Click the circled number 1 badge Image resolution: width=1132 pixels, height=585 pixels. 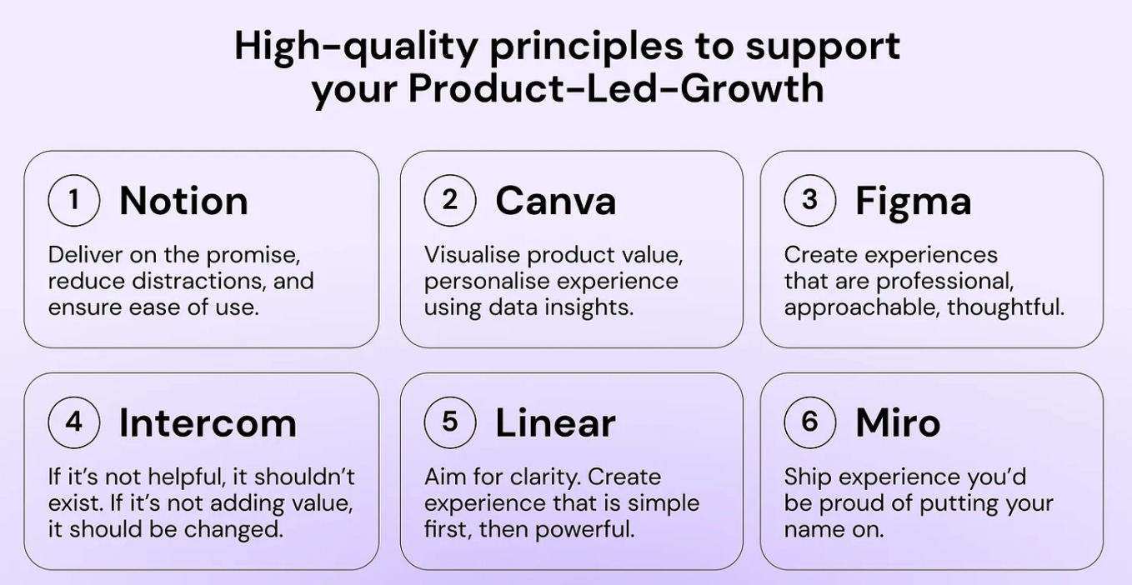pos(74,200)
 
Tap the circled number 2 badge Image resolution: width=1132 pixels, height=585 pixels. pos(450,200)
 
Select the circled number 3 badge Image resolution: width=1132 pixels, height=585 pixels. pos(809,200)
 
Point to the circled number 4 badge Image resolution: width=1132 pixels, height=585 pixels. pos(74,422)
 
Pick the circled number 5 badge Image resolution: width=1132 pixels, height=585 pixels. pos(450,422)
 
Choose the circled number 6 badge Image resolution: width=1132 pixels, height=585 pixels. pos(809,422)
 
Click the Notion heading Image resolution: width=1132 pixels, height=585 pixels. pos(183,201)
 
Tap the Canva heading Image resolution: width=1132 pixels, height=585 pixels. pos(555,201)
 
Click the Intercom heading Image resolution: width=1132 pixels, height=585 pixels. pos(208,423)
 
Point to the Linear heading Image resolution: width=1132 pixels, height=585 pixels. pos(555,423)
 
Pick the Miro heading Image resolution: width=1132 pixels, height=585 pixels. pos(898,423)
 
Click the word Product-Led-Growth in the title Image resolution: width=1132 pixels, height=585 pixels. pos(615,88)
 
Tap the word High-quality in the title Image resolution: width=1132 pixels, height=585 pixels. pos(355,47)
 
